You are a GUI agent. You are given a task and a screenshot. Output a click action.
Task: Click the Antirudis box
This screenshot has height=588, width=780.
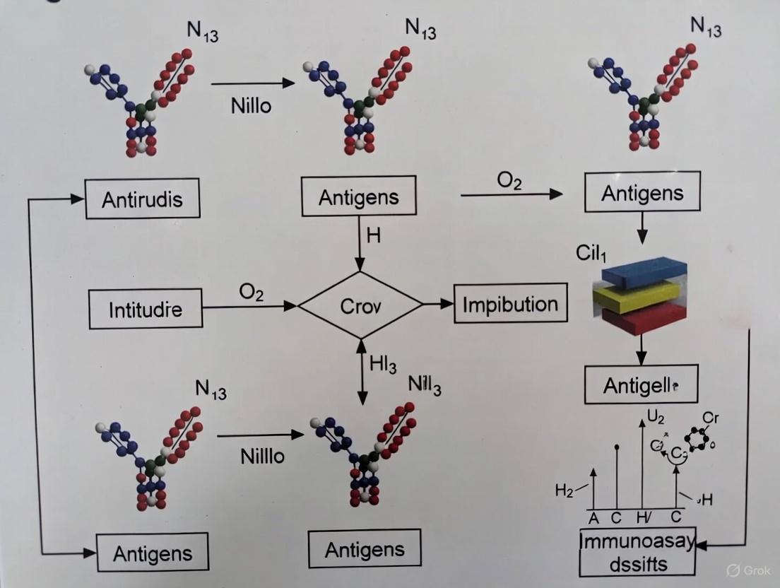pyautogui.click(x=142, y=199)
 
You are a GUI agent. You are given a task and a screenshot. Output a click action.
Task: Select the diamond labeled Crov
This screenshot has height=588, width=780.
pyautogui.click(x=360, y=306)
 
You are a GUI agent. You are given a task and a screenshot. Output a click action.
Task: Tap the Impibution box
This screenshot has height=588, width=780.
pyautogui.click(x=510, y=305)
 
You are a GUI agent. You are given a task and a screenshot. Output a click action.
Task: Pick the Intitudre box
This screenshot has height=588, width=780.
pyautogui.click(x=146, y=310)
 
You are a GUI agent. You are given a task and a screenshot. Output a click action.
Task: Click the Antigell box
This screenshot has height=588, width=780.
pyautogui.click(x=641, y=385)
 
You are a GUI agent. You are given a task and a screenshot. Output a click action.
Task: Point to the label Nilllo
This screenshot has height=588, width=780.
pyautogui.click(x=262, y=456)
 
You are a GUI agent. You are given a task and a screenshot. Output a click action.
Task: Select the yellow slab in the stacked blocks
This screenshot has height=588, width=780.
pyautogui.click(x=634, y=297)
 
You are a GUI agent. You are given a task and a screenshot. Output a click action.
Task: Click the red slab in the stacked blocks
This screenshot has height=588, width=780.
pyautogui.click(x=643, y=319)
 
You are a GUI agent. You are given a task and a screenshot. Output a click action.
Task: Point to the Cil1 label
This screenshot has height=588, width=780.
pyautogui.click(x=591, y=254)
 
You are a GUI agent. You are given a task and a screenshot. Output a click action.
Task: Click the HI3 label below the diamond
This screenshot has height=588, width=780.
pyautogui.click(x=383, y=366)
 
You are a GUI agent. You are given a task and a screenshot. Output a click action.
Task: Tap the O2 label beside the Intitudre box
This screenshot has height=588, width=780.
pyautogui.click(x=252, y=293)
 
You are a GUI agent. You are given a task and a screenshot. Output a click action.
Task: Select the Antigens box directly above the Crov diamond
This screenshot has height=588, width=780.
pyautogui.click(x=358, y=197)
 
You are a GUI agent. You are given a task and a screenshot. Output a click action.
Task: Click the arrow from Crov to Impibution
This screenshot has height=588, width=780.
pyautogui.click(x=438, y=304)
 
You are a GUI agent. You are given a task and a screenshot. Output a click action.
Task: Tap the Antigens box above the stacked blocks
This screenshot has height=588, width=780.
pyautogui.click(x=642, y=193)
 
